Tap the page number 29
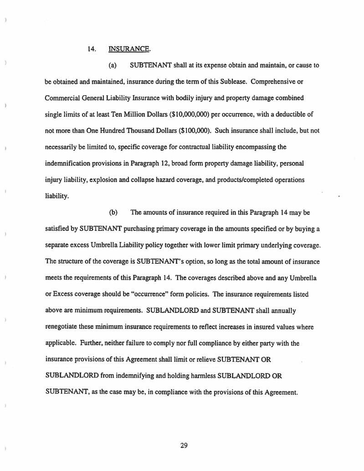[x=184, y=445]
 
